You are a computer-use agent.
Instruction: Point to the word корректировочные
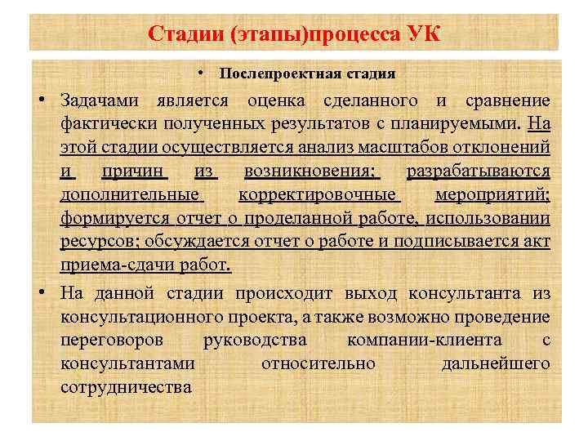[318, 196]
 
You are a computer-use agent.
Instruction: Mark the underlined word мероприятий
[492, 196]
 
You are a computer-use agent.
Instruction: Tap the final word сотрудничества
[126, 386]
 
